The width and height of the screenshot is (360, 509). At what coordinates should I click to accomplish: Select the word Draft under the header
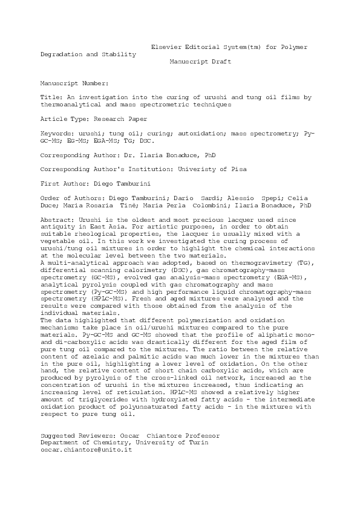coord(220,62)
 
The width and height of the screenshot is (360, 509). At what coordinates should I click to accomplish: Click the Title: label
coord(50,97)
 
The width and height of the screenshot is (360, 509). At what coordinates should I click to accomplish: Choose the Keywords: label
coord(57,132)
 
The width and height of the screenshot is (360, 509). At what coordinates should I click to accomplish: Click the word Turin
coord(198,443)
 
